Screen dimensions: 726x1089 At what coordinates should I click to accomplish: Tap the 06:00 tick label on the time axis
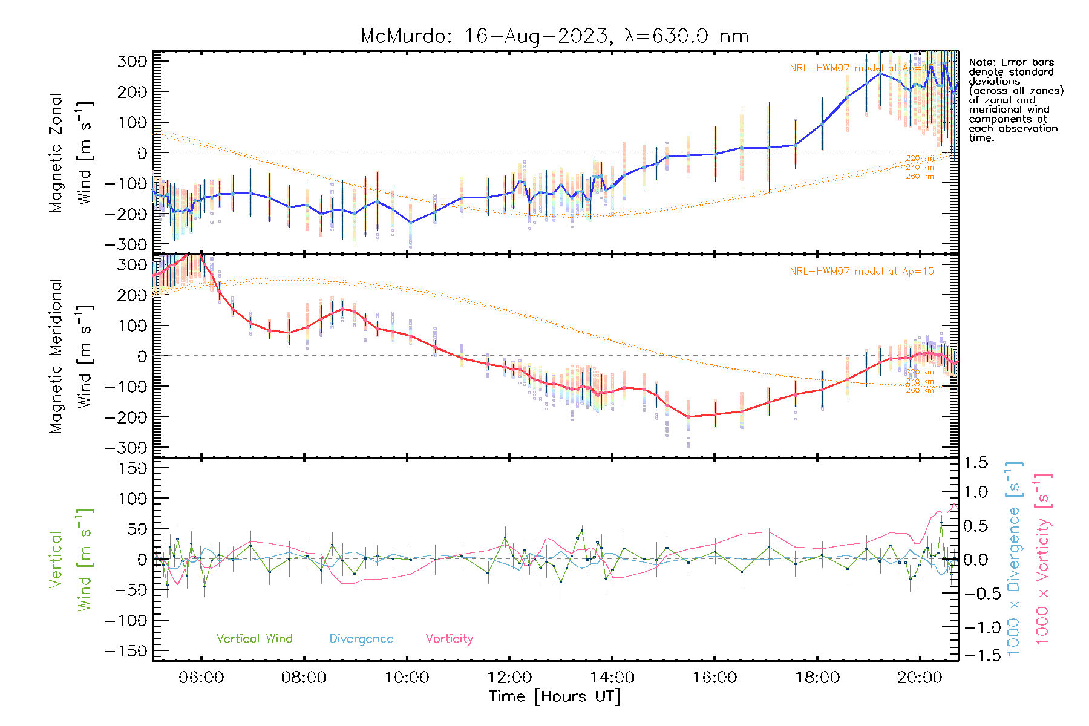click(201, 678)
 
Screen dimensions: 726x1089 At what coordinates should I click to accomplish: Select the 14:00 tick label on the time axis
click(612, 678)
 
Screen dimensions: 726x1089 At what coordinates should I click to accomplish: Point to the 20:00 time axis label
click(920, 678)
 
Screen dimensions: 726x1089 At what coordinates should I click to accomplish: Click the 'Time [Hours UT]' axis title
click(555, 697)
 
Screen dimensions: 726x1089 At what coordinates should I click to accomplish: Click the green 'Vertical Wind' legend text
click(254, 639)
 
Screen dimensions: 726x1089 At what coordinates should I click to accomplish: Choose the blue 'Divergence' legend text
click(361, 639)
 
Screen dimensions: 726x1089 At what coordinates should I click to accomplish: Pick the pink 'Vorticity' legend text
click(449, 639)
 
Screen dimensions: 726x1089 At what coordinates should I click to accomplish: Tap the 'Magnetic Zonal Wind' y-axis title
click(71, 153)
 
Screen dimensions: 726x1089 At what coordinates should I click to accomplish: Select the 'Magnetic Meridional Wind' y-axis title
click(71, 356)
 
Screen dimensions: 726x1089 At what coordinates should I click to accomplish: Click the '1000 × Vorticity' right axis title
click(1043, 558)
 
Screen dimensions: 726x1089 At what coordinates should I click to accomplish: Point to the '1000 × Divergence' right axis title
click(1014, 558)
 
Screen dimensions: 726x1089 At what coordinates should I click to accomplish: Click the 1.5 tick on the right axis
click(976, 463)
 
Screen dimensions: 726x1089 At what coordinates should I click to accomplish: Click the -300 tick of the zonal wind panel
click(126, 245)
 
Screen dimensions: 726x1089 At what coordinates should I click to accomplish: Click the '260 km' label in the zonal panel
click(920, 177)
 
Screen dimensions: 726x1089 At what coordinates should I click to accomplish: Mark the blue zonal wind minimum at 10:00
click(411, 223)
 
